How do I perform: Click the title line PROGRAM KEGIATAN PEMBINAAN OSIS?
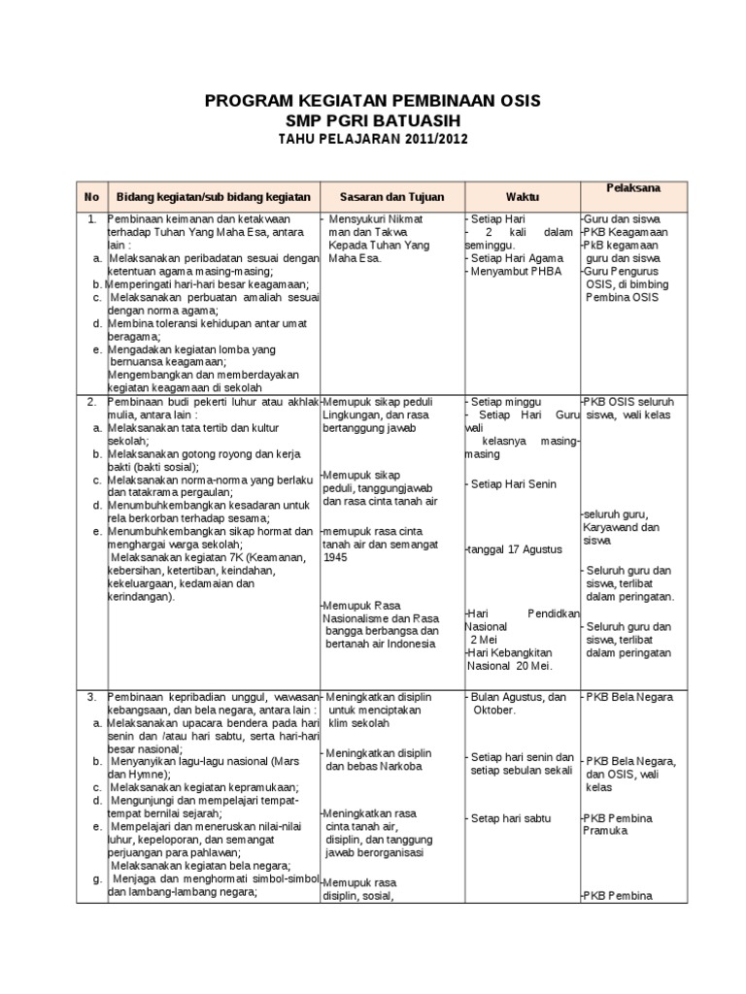pyautogui.click(x=373, y=101)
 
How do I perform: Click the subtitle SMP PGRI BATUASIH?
pyautogui.click(x=373, y=120)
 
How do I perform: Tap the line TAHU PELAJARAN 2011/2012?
pyautogui.click(x=373, y=139)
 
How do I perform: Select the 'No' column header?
pyautogui.click(x=91, y=196)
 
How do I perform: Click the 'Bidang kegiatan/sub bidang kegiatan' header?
pyautogui.click(x=213, y=196)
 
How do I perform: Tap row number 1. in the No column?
pyautogui.click(x=91, y=219)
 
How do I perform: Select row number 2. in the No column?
pyautogui.click(x=91, y=401)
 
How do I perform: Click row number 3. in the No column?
pyautogui.click(x=91, y=697)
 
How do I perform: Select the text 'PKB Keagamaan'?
pyautogui.click(x=627, y=233)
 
